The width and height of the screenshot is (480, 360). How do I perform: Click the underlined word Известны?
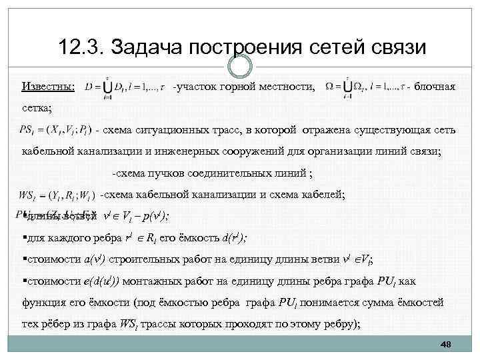[48, 87]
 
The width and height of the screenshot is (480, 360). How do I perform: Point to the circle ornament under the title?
[240, 66]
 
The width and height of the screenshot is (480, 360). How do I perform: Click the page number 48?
[446, 344]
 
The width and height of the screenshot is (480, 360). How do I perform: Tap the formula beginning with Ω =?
[365, 88]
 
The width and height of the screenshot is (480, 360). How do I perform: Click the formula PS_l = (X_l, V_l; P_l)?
[59, 129]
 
